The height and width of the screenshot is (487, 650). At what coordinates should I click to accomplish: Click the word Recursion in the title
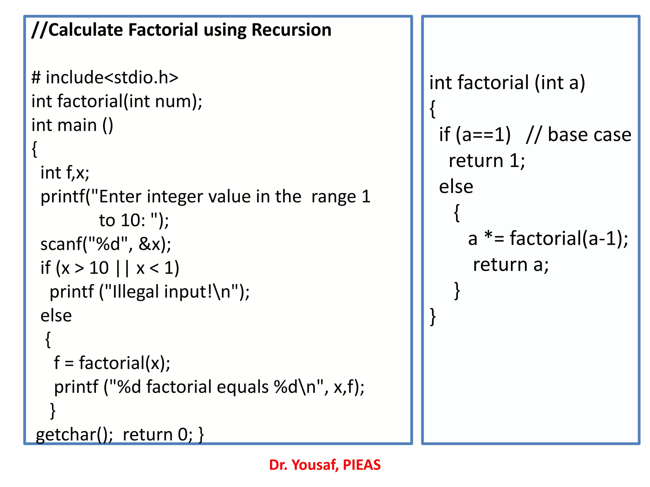coord(291,30)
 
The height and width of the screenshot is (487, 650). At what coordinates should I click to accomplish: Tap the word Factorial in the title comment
coord(163,30)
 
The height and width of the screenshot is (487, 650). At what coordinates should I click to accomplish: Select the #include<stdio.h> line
coord(105,77)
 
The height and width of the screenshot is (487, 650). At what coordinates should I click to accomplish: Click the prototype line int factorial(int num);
coord(117,101)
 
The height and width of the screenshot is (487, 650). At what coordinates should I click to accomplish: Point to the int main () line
coord(72,125)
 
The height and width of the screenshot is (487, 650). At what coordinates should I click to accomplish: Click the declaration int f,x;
coord(65,173)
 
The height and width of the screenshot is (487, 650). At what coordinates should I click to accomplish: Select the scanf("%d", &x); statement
coord(106,244)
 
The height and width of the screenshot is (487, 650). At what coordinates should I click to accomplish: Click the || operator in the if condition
coord(123,268)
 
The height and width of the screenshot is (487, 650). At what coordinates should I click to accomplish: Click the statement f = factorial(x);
coord(112,363)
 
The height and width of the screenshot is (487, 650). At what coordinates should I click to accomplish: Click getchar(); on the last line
coord(74,435)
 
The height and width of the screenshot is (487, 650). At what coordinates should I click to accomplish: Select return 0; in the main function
coord(157,435)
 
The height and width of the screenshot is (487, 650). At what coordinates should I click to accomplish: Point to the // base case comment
coord(578,135)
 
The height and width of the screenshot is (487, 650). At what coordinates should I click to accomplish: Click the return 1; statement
coord(487,161)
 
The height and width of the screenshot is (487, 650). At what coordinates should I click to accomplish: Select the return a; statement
coord(510,265)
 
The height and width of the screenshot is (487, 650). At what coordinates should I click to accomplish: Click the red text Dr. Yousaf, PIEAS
coord(325,465)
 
